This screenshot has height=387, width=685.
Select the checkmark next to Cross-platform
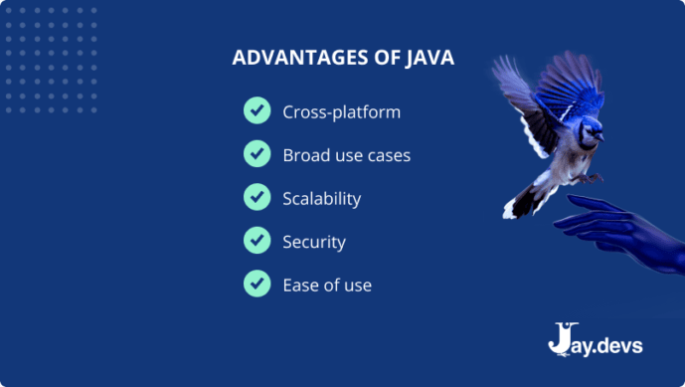(257, 110)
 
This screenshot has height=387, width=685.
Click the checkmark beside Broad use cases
(257, 154)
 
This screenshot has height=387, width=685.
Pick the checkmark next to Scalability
(257, 197)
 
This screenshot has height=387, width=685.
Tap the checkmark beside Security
(257, 241)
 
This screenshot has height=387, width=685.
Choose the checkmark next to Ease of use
(257, 285)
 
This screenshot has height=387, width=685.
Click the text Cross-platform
(341, 111)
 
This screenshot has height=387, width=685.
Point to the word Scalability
(321, 198)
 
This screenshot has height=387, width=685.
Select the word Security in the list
(313, 242)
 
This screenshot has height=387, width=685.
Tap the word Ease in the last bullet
(301, 286)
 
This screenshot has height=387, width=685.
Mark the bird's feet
(592, 178)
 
